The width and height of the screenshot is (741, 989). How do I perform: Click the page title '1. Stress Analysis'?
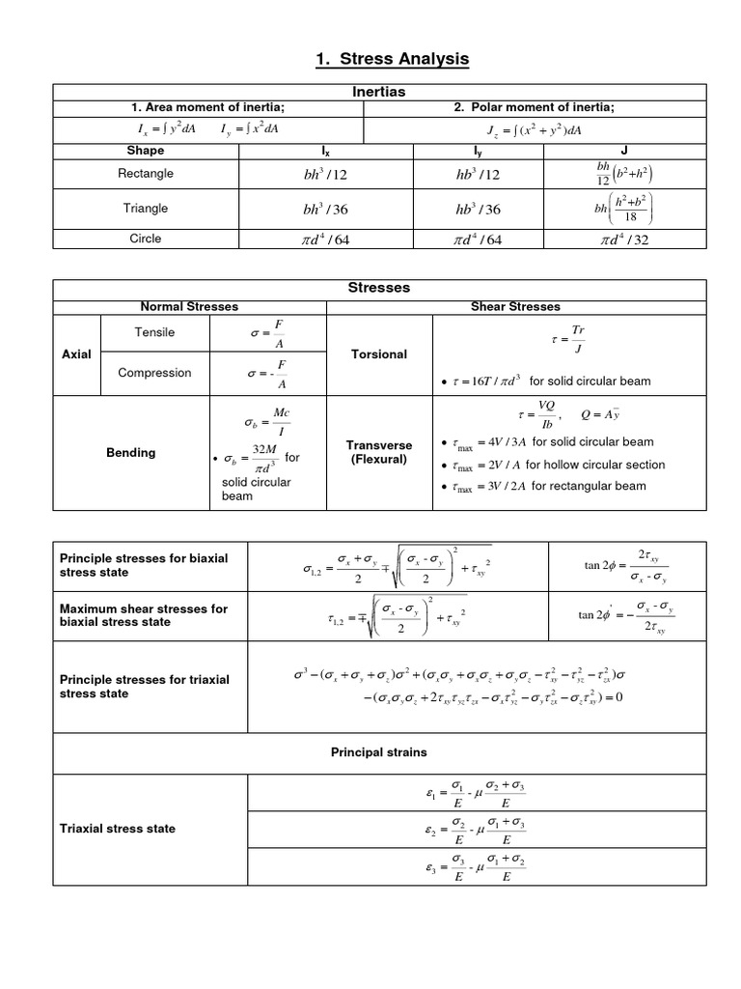point(392,60)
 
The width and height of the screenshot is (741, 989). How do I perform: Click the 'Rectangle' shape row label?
point(146,174)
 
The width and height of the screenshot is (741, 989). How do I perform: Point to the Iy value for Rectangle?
point(473,175)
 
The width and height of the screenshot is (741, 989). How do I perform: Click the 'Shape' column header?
point(146,151)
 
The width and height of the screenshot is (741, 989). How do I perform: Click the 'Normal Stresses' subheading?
point(189,306)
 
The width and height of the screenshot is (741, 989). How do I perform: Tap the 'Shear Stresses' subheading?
point(515,306)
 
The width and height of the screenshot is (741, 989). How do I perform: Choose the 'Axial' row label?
point(75,354)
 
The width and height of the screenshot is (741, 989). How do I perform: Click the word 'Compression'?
point(154,373)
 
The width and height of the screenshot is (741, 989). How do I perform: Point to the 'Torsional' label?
point(380,354)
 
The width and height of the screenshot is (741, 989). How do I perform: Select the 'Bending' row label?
point(130,453)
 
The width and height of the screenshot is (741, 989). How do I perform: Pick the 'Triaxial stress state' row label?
point(118,829)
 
